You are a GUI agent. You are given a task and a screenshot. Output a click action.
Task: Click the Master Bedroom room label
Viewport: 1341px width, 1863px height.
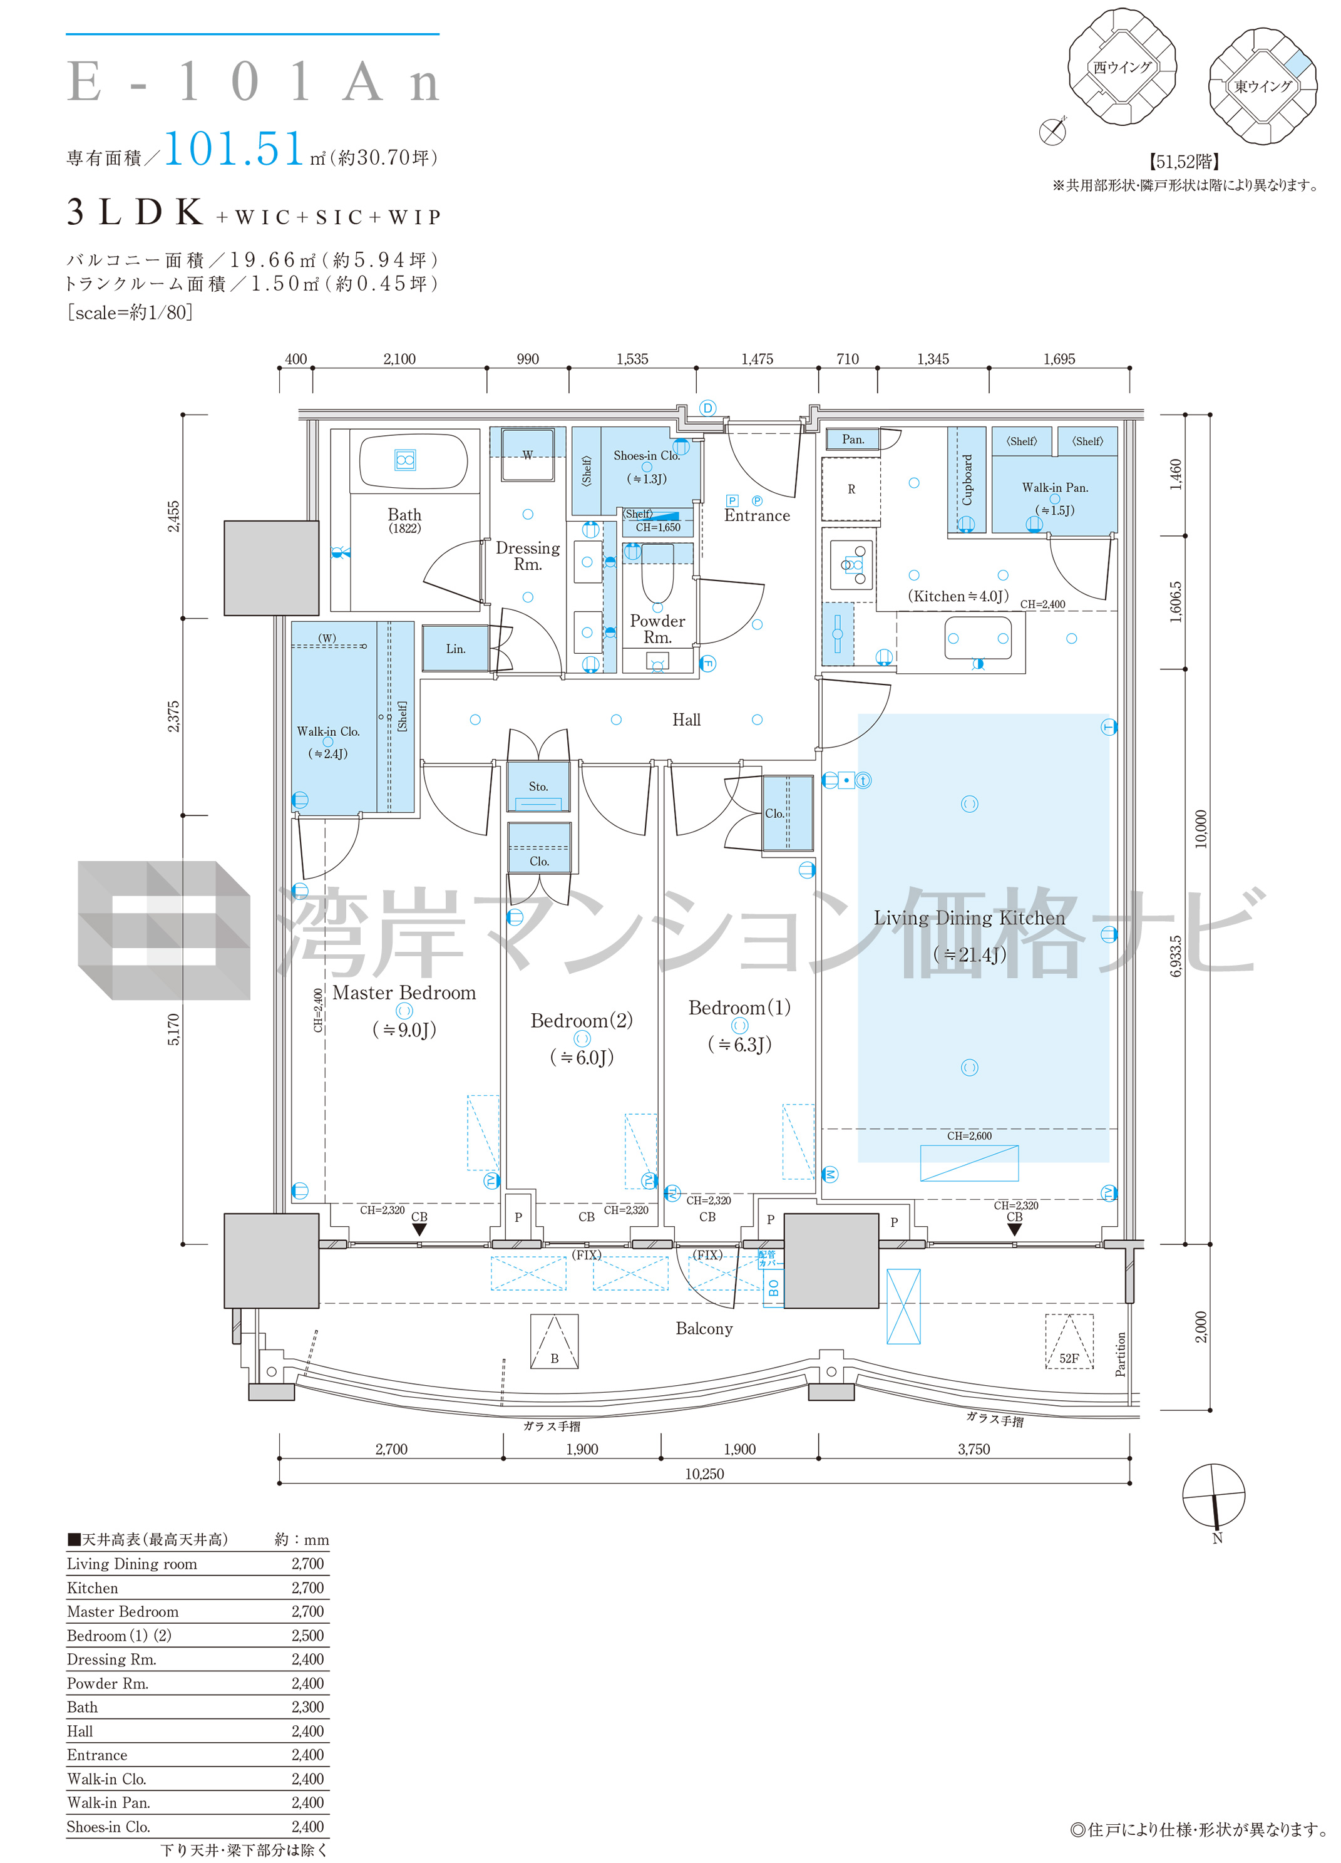404,993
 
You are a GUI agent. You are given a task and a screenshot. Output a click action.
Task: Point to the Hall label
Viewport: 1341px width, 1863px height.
687,720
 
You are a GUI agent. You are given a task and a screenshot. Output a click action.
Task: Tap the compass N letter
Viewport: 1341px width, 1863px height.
1217,1539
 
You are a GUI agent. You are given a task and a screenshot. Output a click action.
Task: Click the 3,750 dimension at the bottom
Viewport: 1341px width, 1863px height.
974,1449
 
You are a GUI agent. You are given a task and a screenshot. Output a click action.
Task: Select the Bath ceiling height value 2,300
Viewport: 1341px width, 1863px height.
308,1707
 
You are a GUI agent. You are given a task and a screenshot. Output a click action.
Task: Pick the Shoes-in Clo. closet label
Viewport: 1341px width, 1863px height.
647,455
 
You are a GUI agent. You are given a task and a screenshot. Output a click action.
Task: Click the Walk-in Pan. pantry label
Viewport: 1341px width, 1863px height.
1056,487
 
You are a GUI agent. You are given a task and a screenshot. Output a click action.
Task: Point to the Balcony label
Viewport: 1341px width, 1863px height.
704,1328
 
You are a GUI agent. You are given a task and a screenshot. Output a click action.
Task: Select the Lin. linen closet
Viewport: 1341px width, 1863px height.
456,648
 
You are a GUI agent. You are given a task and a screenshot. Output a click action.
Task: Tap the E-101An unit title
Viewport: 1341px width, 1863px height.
254,82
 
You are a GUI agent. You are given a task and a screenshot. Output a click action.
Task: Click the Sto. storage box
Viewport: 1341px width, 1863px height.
538,786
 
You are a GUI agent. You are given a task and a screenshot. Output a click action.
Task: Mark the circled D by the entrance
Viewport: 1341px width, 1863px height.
708,408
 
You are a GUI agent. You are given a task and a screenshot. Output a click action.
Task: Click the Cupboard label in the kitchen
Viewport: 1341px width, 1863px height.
967,480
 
